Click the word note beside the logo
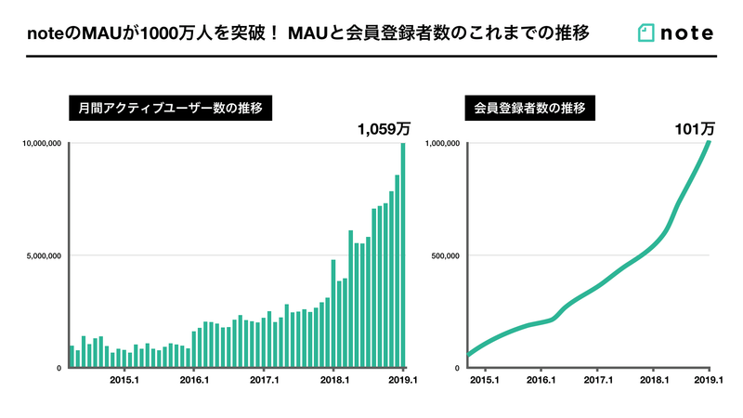point(686,33)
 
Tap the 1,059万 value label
point(384,130)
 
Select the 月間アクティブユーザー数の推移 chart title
point(164,108)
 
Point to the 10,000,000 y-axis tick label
point(39,143)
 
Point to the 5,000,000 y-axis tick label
point(41,255)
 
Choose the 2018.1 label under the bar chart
point(333,380)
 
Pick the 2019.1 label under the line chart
point(709,380)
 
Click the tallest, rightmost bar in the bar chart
point(403,255)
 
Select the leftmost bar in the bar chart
point(72,357)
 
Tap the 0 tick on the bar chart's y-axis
point(59,368)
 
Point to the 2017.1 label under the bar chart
point(264,380)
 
